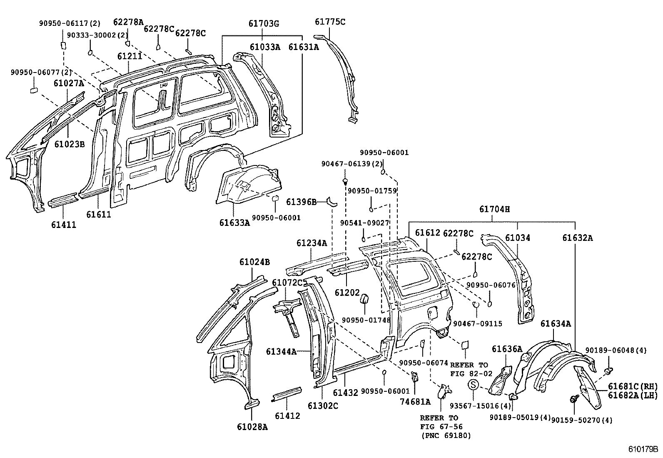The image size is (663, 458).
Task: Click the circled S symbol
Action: (x=474, y=385)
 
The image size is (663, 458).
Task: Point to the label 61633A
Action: (x=234, y=222)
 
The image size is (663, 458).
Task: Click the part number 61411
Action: (x=64, y=225)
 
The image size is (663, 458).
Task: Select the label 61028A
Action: (x=252, y=426)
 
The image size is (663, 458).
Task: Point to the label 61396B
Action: (x=301, y=202)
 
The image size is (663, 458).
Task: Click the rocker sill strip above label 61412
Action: (x=286, y=394)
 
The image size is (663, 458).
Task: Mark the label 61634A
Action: (x=556, y=323)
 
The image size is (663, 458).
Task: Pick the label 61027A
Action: (x=69, y=83)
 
